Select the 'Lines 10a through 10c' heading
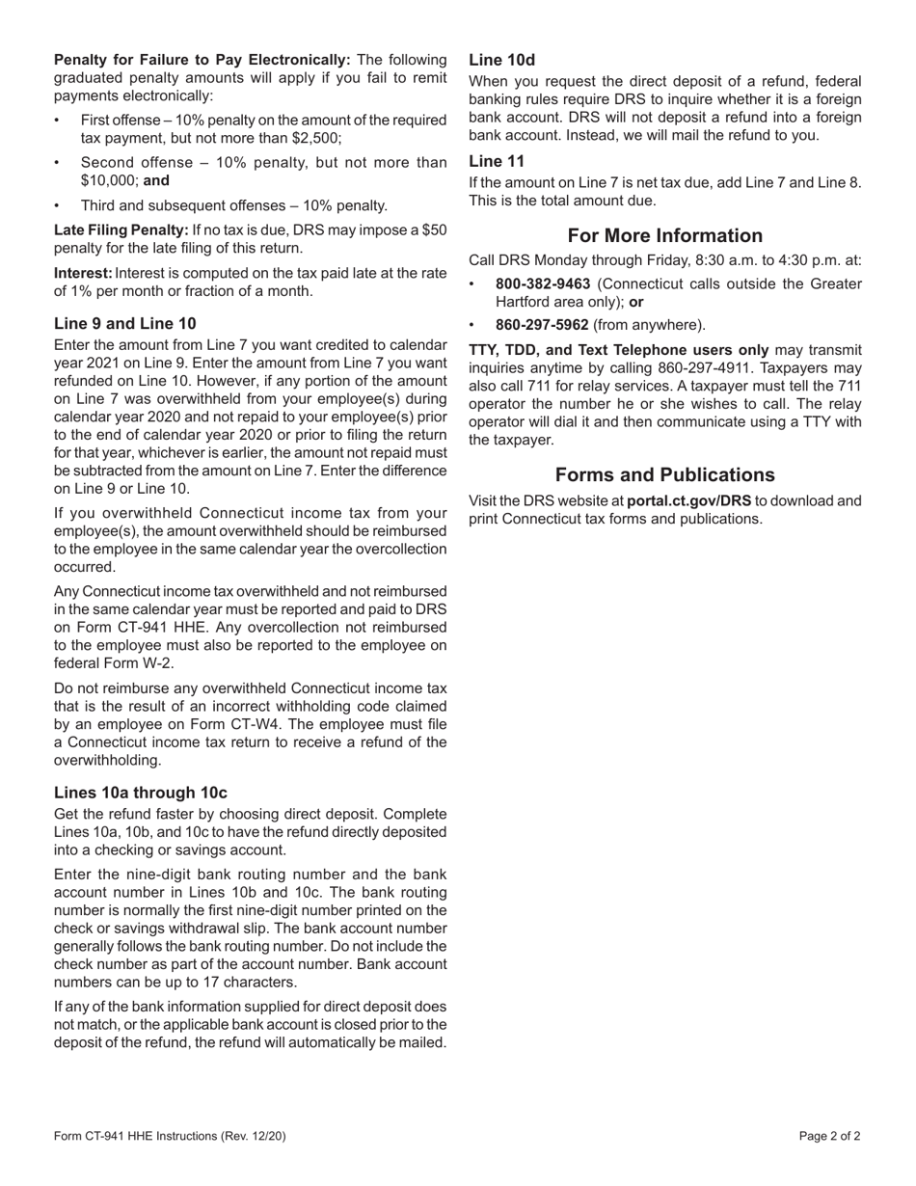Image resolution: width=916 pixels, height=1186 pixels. [141, 793]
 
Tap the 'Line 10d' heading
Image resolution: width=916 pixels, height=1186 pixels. [501, 60]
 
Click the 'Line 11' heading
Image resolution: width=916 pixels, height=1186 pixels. [497, 161]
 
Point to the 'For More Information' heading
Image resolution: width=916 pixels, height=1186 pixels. [665, 236]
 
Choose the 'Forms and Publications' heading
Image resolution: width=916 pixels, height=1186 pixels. [665, 475]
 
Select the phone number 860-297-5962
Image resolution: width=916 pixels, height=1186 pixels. [543, 325]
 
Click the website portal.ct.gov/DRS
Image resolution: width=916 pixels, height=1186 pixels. [688, 501]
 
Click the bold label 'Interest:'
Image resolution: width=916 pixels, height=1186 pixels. [83, 274]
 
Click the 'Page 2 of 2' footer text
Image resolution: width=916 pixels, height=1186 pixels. [829, 1136]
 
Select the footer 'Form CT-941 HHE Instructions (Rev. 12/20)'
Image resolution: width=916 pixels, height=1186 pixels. [170, 1136]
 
